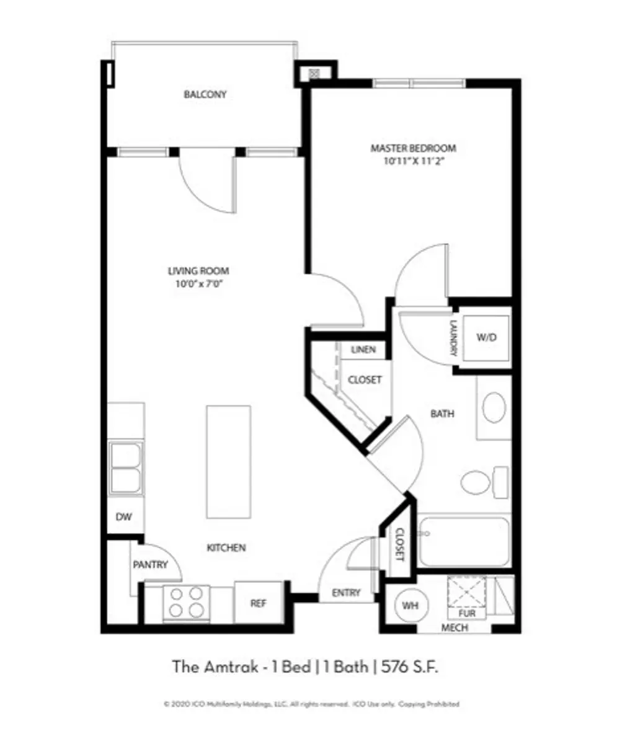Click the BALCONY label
tap(205, 95)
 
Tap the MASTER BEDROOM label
tap(413, 148)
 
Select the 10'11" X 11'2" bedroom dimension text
tap(413, 161)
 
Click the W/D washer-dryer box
tap(486, 338)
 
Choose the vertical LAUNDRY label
tap(453, 338)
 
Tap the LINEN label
tap(363, 350)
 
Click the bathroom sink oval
tap(494, 407)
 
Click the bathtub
tap(463, 541)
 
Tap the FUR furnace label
tap(466, 613)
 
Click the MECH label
tap(455, 627)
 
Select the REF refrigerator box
tap(259, 603)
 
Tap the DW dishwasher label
tap(124, 516)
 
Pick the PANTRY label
tap(150, 565)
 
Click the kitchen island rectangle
tap(228, 461)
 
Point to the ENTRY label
tap(346, 593)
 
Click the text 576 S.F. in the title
tap(411, 667)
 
